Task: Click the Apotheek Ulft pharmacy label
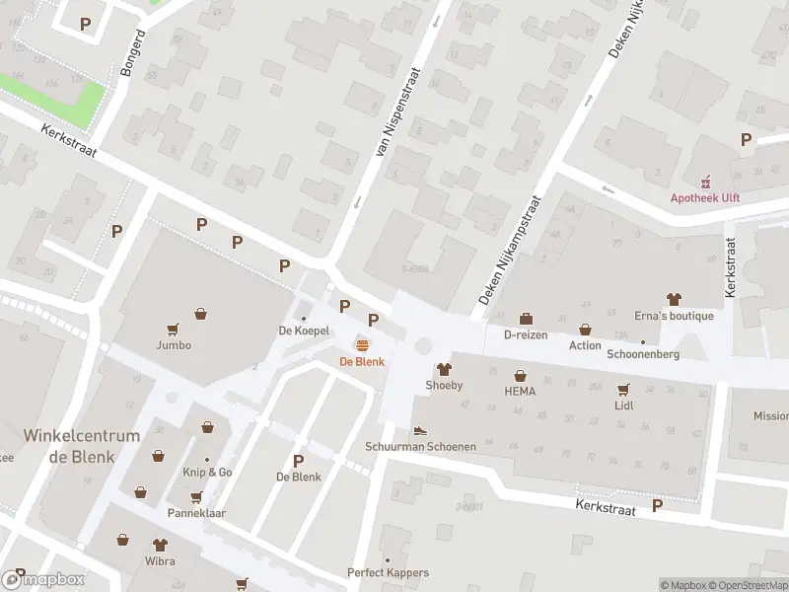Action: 705,197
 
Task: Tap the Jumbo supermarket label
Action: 173,345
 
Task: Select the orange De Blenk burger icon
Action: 362,344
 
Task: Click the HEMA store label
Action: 520,392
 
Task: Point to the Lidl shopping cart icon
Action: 623,390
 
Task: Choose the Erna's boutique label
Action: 674,316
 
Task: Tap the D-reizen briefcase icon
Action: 526,319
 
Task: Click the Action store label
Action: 585,345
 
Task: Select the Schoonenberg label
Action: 643,354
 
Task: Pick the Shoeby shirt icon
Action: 444,369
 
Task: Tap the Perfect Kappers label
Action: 388,572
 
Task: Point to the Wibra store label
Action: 159,561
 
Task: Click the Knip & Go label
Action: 207,473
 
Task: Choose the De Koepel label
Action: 304,332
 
